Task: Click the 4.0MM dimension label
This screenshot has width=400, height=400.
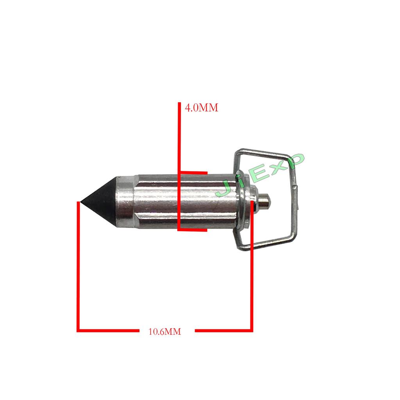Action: point(201,107)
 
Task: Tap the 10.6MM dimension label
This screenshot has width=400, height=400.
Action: point(165,332)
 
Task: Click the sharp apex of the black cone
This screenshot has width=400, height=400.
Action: point(78,202)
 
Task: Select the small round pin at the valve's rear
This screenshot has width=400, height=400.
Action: point(265,202)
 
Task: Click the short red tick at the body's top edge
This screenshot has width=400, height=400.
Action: point(193,172)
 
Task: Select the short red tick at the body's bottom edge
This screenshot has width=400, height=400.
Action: point(193,230)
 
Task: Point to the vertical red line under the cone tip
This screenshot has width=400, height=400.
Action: point(79,266)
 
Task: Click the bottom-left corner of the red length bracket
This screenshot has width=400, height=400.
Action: point(79,330)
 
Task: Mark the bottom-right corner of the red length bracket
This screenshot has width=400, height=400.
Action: point(252,330)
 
